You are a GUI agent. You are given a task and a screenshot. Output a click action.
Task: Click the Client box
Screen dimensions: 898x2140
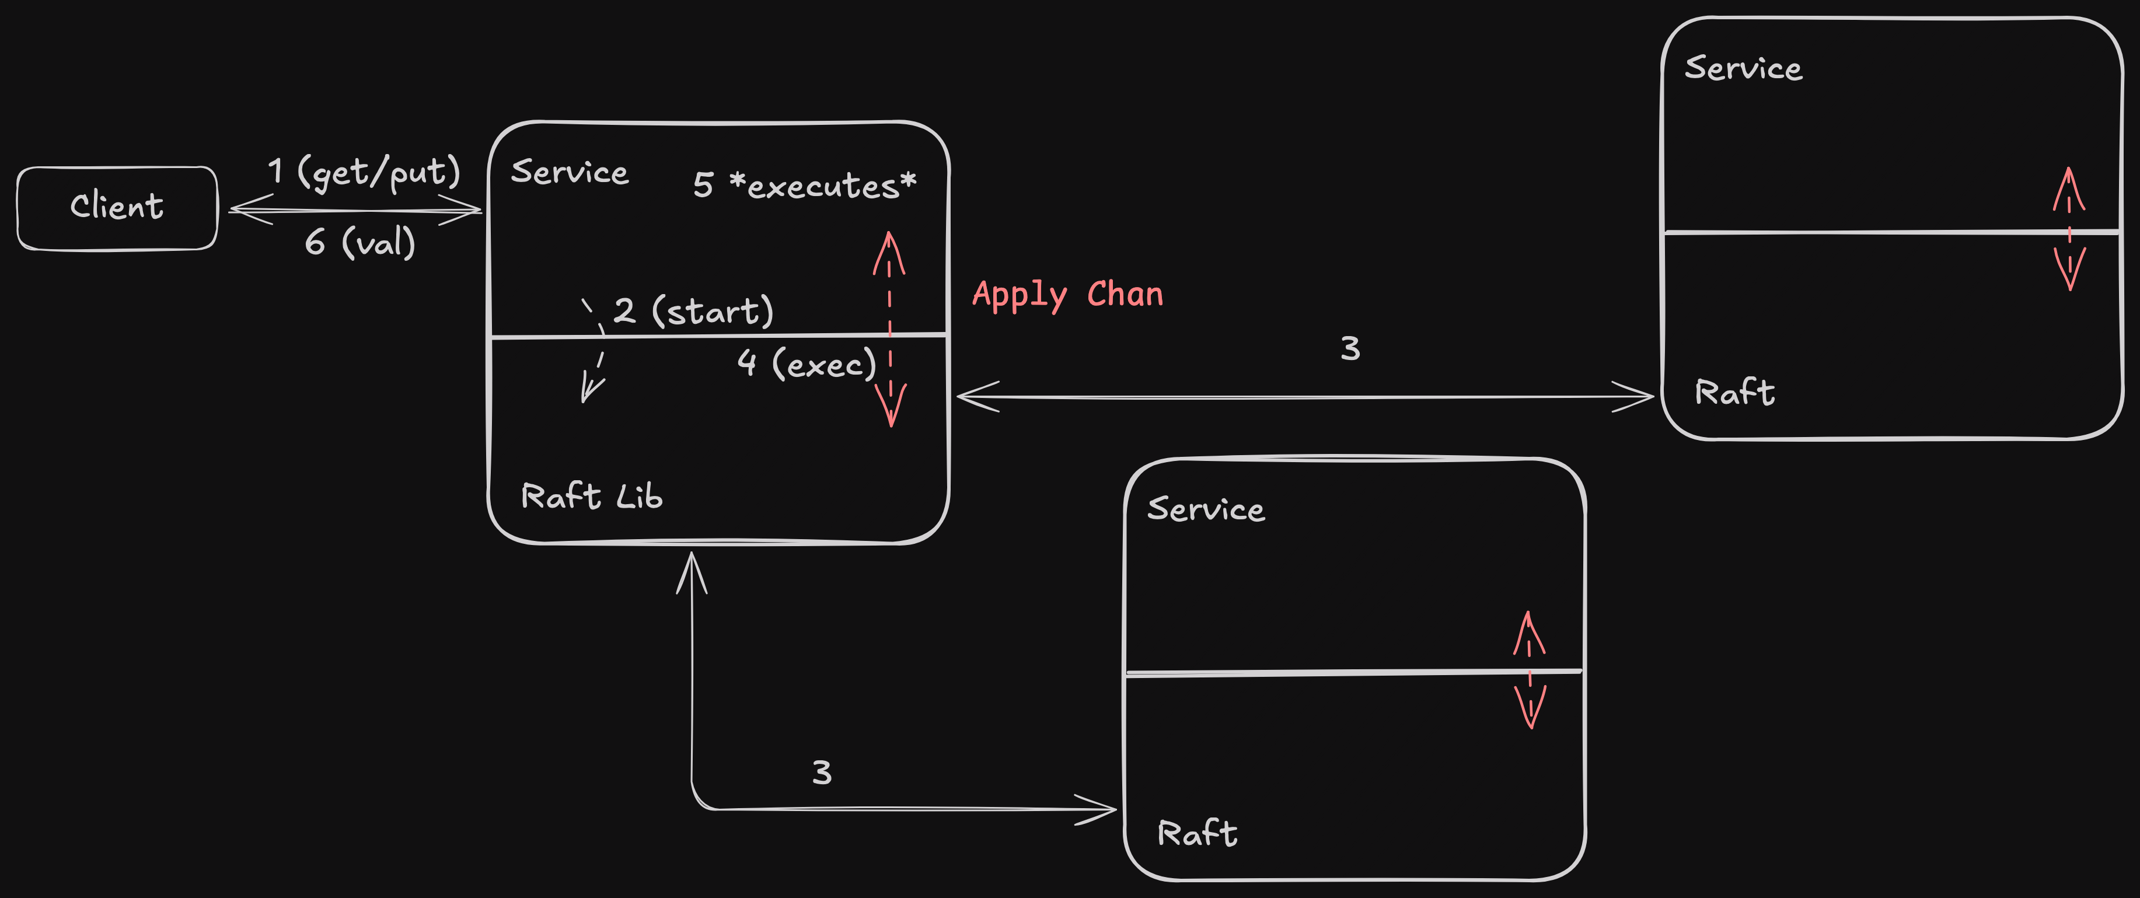117,208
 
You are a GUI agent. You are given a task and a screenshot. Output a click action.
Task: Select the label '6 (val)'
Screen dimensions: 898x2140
359,243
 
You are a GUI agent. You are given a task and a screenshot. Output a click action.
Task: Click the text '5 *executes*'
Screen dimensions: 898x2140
804,185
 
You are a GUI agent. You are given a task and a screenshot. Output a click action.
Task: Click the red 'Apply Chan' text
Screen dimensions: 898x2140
1067,295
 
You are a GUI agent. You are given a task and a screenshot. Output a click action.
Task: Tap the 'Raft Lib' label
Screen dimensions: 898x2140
592,496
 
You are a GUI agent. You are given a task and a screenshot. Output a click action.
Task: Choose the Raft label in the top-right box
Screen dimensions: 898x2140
1734,392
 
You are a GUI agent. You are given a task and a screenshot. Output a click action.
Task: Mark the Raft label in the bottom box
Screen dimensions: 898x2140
1197,833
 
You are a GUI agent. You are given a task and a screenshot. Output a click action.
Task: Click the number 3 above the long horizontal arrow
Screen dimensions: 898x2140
1350,349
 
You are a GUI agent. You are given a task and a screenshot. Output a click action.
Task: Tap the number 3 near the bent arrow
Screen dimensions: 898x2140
822,773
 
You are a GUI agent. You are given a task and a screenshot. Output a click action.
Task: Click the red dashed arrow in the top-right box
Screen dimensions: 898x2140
2069,229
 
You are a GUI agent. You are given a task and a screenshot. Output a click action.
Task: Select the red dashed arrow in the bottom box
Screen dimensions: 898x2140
1530,669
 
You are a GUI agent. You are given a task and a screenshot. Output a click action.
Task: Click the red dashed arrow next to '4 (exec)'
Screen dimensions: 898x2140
890,329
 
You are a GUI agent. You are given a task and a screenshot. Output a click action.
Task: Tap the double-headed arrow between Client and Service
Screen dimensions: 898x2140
355,210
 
